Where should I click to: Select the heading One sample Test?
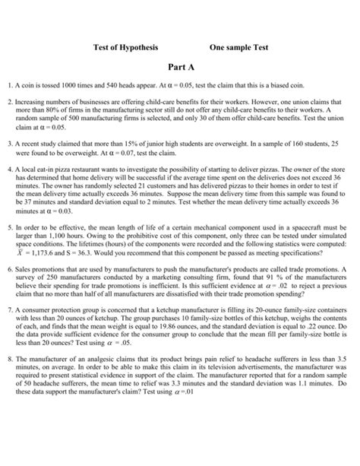238,48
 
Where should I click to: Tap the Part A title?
179,67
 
